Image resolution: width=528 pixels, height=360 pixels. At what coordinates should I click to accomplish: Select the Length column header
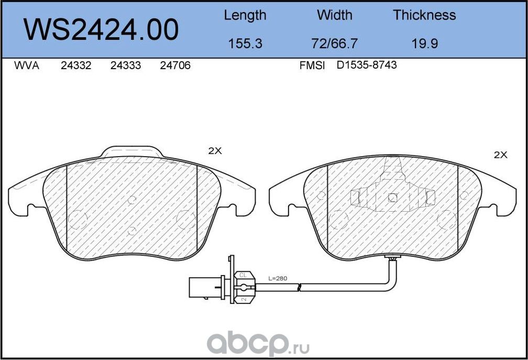[x=245, y=16]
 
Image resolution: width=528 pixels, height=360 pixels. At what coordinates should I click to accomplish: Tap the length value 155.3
[x=245, y=43]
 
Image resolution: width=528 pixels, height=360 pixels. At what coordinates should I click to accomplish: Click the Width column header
[x=334, y=16]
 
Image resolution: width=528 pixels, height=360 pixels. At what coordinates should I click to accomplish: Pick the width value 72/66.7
[x=334, y=43]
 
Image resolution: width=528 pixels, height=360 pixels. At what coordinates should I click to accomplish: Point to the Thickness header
[x=424, y=16]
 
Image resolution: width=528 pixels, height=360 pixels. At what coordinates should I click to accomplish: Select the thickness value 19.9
[x=424, y=43]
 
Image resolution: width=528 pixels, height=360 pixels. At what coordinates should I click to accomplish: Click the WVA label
[x=26, y=66]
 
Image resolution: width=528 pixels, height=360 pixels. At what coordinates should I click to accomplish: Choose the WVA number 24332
[x=76, y=66]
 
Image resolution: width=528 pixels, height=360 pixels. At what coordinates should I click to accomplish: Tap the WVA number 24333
[x=125, y=66]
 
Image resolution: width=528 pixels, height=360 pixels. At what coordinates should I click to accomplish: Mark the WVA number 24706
[x=175, y=66]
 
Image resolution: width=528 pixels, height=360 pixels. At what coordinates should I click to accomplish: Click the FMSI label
[x=312, y=66]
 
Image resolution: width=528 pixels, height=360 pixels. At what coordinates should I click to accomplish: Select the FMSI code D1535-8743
[x=367, y=66]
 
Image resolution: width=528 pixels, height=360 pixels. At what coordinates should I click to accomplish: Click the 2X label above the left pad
[x=215, y=151]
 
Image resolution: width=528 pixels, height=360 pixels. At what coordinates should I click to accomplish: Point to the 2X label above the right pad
[x=501, y=155]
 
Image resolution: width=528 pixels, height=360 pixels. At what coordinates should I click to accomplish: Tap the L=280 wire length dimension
[x=278, y=278]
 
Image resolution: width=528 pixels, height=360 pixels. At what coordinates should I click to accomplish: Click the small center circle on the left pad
[x=131, y=200]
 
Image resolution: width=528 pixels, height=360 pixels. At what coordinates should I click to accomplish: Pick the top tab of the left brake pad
[x=131, y=151]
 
